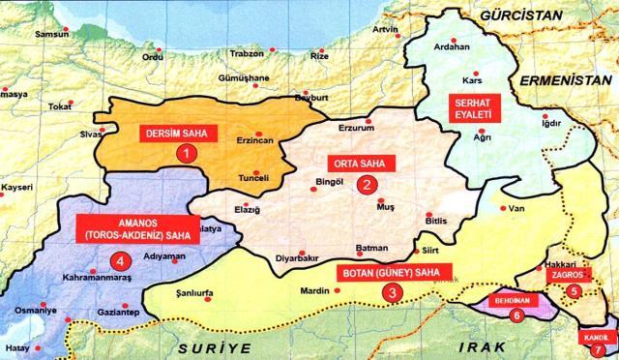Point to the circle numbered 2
[367, 183]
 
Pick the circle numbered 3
[391, 291]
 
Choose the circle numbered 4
[120, 259]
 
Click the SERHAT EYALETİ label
[470, 108]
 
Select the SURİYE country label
[213, 345]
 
